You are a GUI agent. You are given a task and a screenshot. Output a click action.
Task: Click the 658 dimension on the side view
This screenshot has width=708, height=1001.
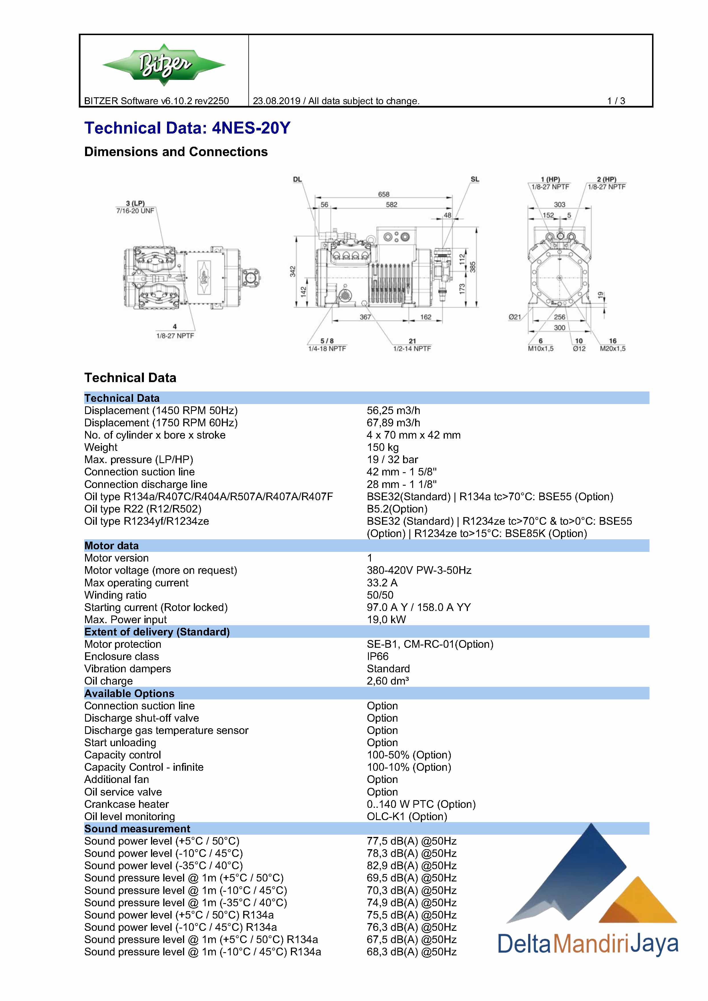[x=383, y=194]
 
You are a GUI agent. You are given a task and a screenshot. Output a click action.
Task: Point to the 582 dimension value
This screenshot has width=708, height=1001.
[x=391, y=205]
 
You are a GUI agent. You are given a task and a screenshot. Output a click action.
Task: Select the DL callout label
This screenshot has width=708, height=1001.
[x=297, y=179]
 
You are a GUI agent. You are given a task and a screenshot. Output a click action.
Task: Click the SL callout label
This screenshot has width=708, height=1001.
[x=475, y=179]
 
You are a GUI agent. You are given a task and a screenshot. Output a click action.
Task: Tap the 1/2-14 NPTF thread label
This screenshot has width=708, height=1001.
[x=412, y=348]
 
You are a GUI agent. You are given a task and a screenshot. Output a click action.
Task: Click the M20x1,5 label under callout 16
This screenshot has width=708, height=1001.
[x=612, y=348]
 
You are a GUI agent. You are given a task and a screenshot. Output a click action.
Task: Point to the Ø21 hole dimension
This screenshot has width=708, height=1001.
[x=515, y=317]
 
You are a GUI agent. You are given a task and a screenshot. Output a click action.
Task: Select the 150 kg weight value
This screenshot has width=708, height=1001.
[x=383, y=447]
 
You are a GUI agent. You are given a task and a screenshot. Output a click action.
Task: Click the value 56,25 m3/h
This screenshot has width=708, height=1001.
[x=393, y=410]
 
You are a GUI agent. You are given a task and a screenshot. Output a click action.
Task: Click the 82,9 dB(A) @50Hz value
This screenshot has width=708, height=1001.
[x=411, y=865]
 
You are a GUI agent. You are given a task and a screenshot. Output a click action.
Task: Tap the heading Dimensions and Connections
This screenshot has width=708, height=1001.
[x=176, y=152]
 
